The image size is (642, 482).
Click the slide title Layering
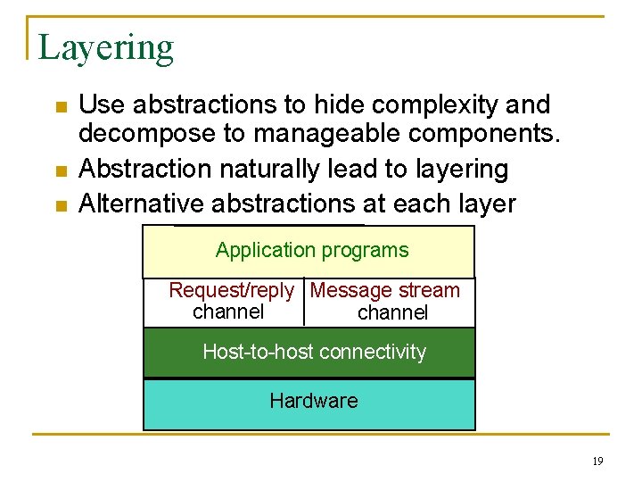click(x=106, y=47)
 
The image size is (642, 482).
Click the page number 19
click(x=597, y=461)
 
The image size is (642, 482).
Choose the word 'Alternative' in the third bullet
click(x=142, y=204)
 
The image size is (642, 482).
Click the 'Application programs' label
click(x=312, y=251)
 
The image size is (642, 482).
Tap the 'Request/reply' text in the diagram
click(x=231, y=290)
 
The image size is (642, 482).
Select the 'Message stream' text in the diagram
click(x=385, y=290)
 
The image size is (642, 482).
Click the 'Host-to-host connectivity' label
click(x=314, y=352)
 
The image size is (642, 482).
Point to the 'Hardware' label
click(x=314, y=401)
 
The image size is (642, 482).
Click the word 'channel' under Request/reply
click(x=228, y=312)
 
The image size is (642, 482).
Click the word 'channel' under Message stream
click(x=392, y=312)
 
